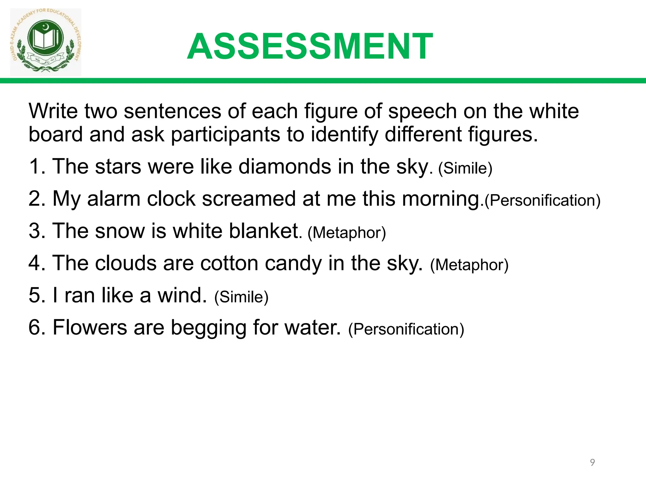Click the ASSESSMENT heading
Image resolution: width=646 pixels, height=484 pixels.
click(310, 47)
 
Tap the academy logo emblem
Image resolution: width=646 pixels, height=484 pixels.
click(46, 42)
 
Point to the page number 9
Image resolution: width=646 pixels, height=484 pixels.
click(592, 462)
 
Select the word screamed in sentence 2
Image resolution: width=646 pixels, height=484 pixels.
click(249, 199)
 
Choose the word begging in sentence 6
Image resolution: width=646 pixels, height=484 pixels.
click(208, 328)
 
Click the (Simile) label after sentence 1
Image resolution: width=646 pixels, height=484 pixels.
click(465, 168)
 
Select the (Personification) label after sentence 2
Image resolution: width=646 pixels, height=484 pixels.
click(542, 201)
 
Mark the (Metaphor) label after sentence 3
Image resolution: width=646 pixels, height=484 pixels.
click(347, 233)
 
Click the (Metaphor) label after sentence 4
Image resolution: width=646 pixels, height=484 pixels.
click(469, 265)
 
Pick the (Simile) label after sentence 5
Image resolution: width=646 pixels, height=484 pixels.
click(241, 297)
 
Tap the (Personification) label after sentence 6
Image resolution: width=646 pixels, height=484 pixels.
click(406, 329)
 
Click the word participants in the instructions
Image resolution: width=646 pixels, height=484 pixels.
click(225, 134)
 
